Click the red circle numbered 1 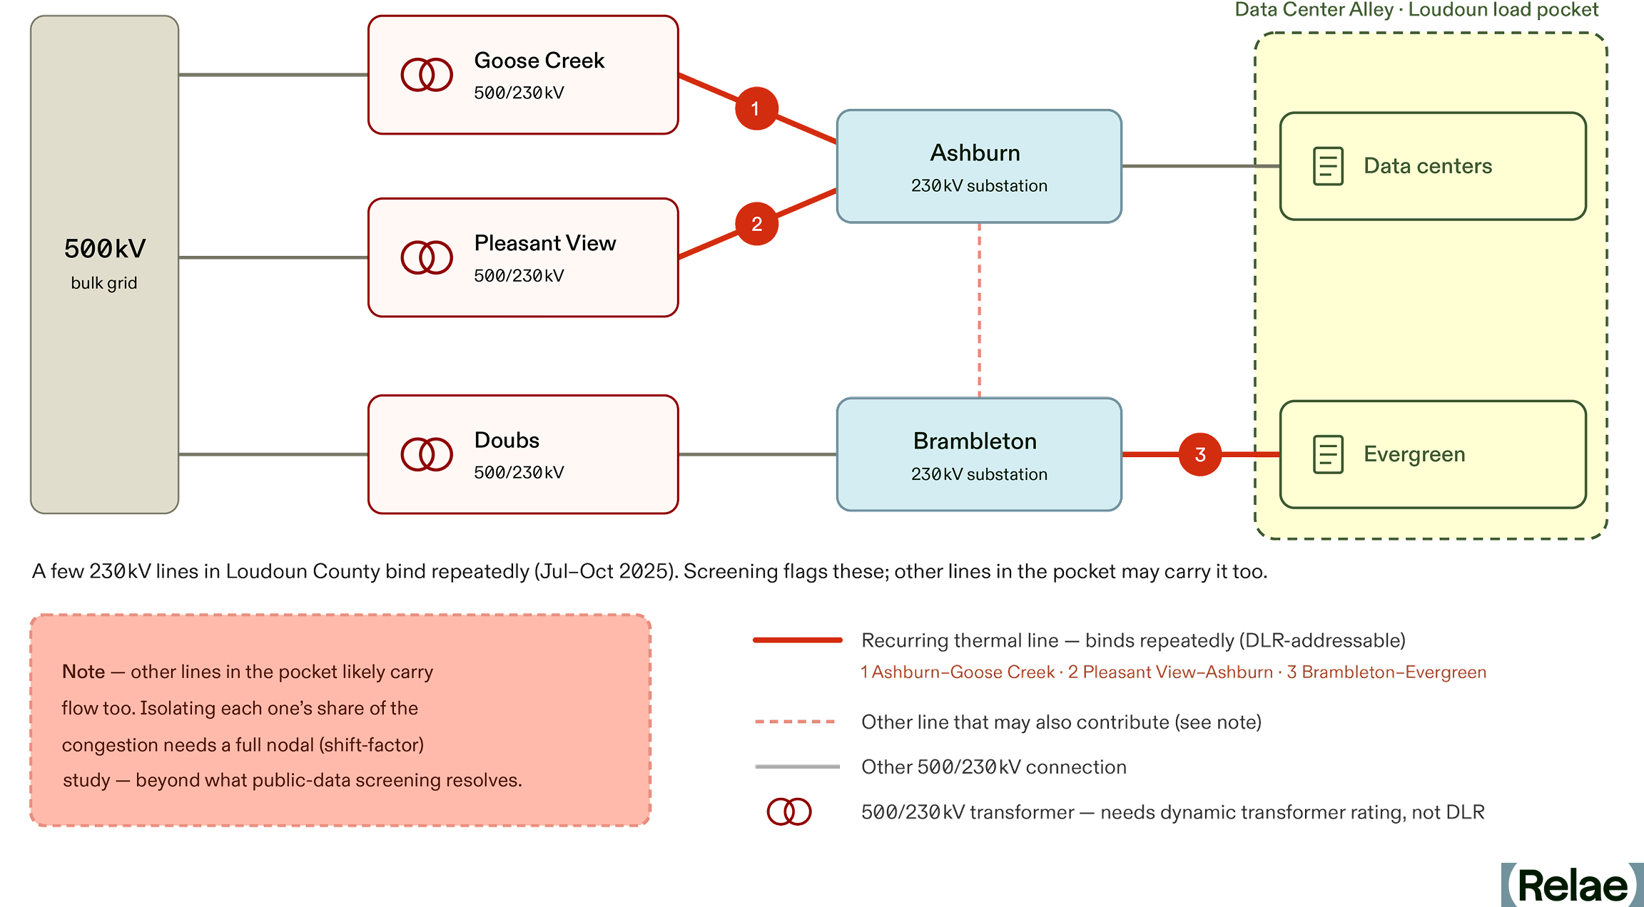coord(756,108)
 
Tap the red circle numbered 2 coord(756,224)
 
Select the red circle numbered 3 coord(1200,454)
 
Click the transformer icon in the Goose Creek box coord(427,75)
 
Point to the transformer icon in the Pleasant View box coord(427,257)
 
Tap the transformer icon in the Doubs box coord(427,454)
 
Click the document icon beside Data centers coord(1328,166)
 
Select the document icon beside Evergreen coord(1328,454)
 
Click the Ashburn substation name coord(975,153)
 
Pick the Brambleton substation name coord(975,441)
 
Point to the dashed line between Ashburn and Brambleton coord(979,310)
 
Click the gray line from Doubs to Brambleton coord(757,454)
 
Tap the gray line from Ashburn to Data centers coord(1201,166)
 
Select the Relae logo coord(1572,885)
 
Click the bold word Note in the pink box coord(83,672)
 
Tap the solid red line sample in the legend coord(798,640)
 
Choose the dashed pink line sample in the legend coord(796,722)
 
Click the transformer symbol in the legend coord(789,811)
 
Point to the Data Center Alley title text coord(1416,10)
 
